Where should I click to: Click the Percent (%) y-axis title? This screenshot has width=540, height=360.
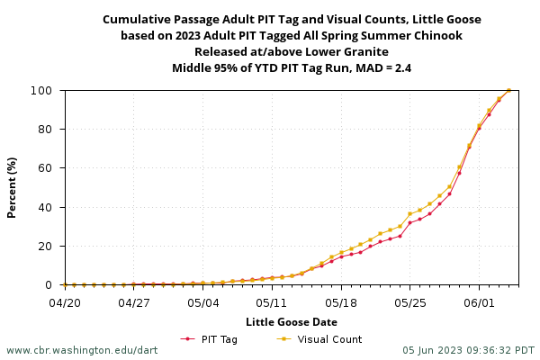coord(13,187)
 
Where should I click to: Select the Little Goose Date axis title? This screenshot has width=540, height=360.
coord(292,321)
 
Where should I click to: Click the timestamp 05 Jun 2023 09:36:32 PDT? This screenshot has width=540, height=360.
coord(468,350)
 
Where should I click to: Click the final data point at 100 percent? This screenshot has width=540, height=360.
coord(508,90)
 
